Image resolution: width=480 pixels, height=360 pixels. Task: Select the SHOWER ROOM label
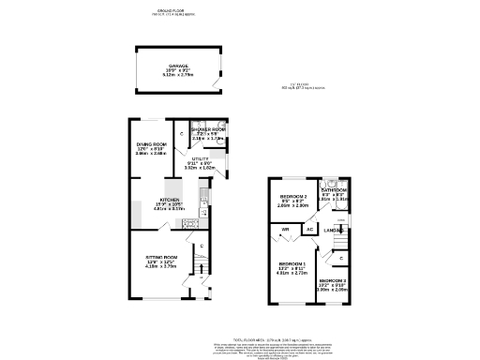(x=207, y=128)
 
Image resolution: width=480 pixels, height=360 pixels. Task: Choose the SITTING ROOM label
(x=162, y=256)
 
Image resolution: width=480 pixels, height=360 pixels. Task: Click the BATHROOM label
(x=335, y=188)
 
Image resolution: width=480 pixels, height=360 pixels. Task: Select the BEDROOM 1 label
(x=292, y=264)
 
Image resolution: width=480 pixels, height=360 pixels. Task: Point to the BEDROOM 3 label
(x=334, y=281)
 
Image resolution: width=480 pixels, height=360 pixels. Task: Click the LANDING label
(x=333, y=230)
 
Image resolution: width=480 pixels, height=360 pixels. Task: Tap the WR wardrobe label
(x=283, y=229)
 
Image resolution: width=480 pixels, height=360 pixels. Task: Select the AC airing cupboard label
(x=308, y=230)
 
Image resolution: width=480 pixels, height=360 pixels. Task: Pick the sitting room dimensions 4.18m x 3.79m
(x=162, y=267)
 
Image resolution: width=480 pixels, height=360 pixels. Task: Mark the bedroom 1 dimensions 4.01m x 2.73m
(x=292, y=275)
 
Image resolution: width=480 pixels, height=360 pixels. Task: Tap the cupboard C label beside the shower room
(x=182, y=136)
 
